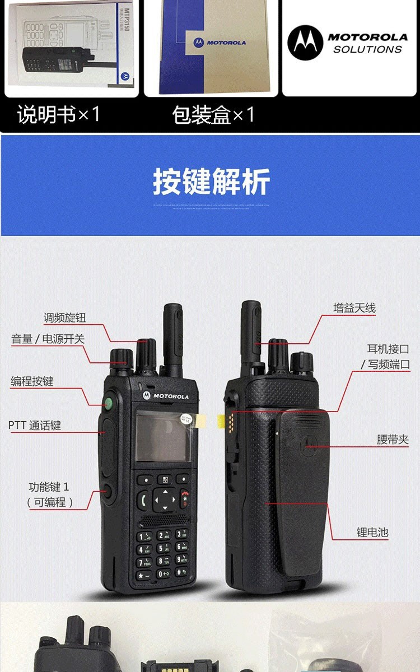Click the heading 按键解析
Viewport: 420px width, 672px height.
211,181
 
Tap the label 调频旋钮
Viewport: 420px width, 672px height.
65,318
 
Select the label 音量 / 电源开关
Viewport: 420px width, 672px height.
48,339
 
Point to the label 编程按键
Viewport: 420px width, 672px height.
32,381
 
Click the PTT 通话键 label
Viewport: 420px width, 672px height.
35,426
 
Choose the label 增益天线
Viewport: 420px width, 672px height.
354,308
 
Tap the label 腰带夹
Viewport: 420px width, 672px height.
393,440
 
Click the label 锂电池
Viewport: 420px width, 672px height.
372,533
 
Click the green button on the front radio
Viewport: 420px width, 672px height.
108,402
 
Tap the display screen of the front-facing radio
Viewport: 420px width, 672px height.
163,437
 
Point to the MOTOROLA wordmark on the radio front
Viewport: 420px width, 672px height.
170,396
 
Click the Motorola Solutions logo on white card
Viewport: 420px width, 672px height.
348,43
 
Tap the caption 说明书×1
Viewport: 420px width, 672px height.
59,115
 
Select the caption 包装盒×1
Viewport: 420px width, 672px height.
213,115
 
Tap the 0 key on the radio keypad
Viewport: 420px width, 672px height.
163,573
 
